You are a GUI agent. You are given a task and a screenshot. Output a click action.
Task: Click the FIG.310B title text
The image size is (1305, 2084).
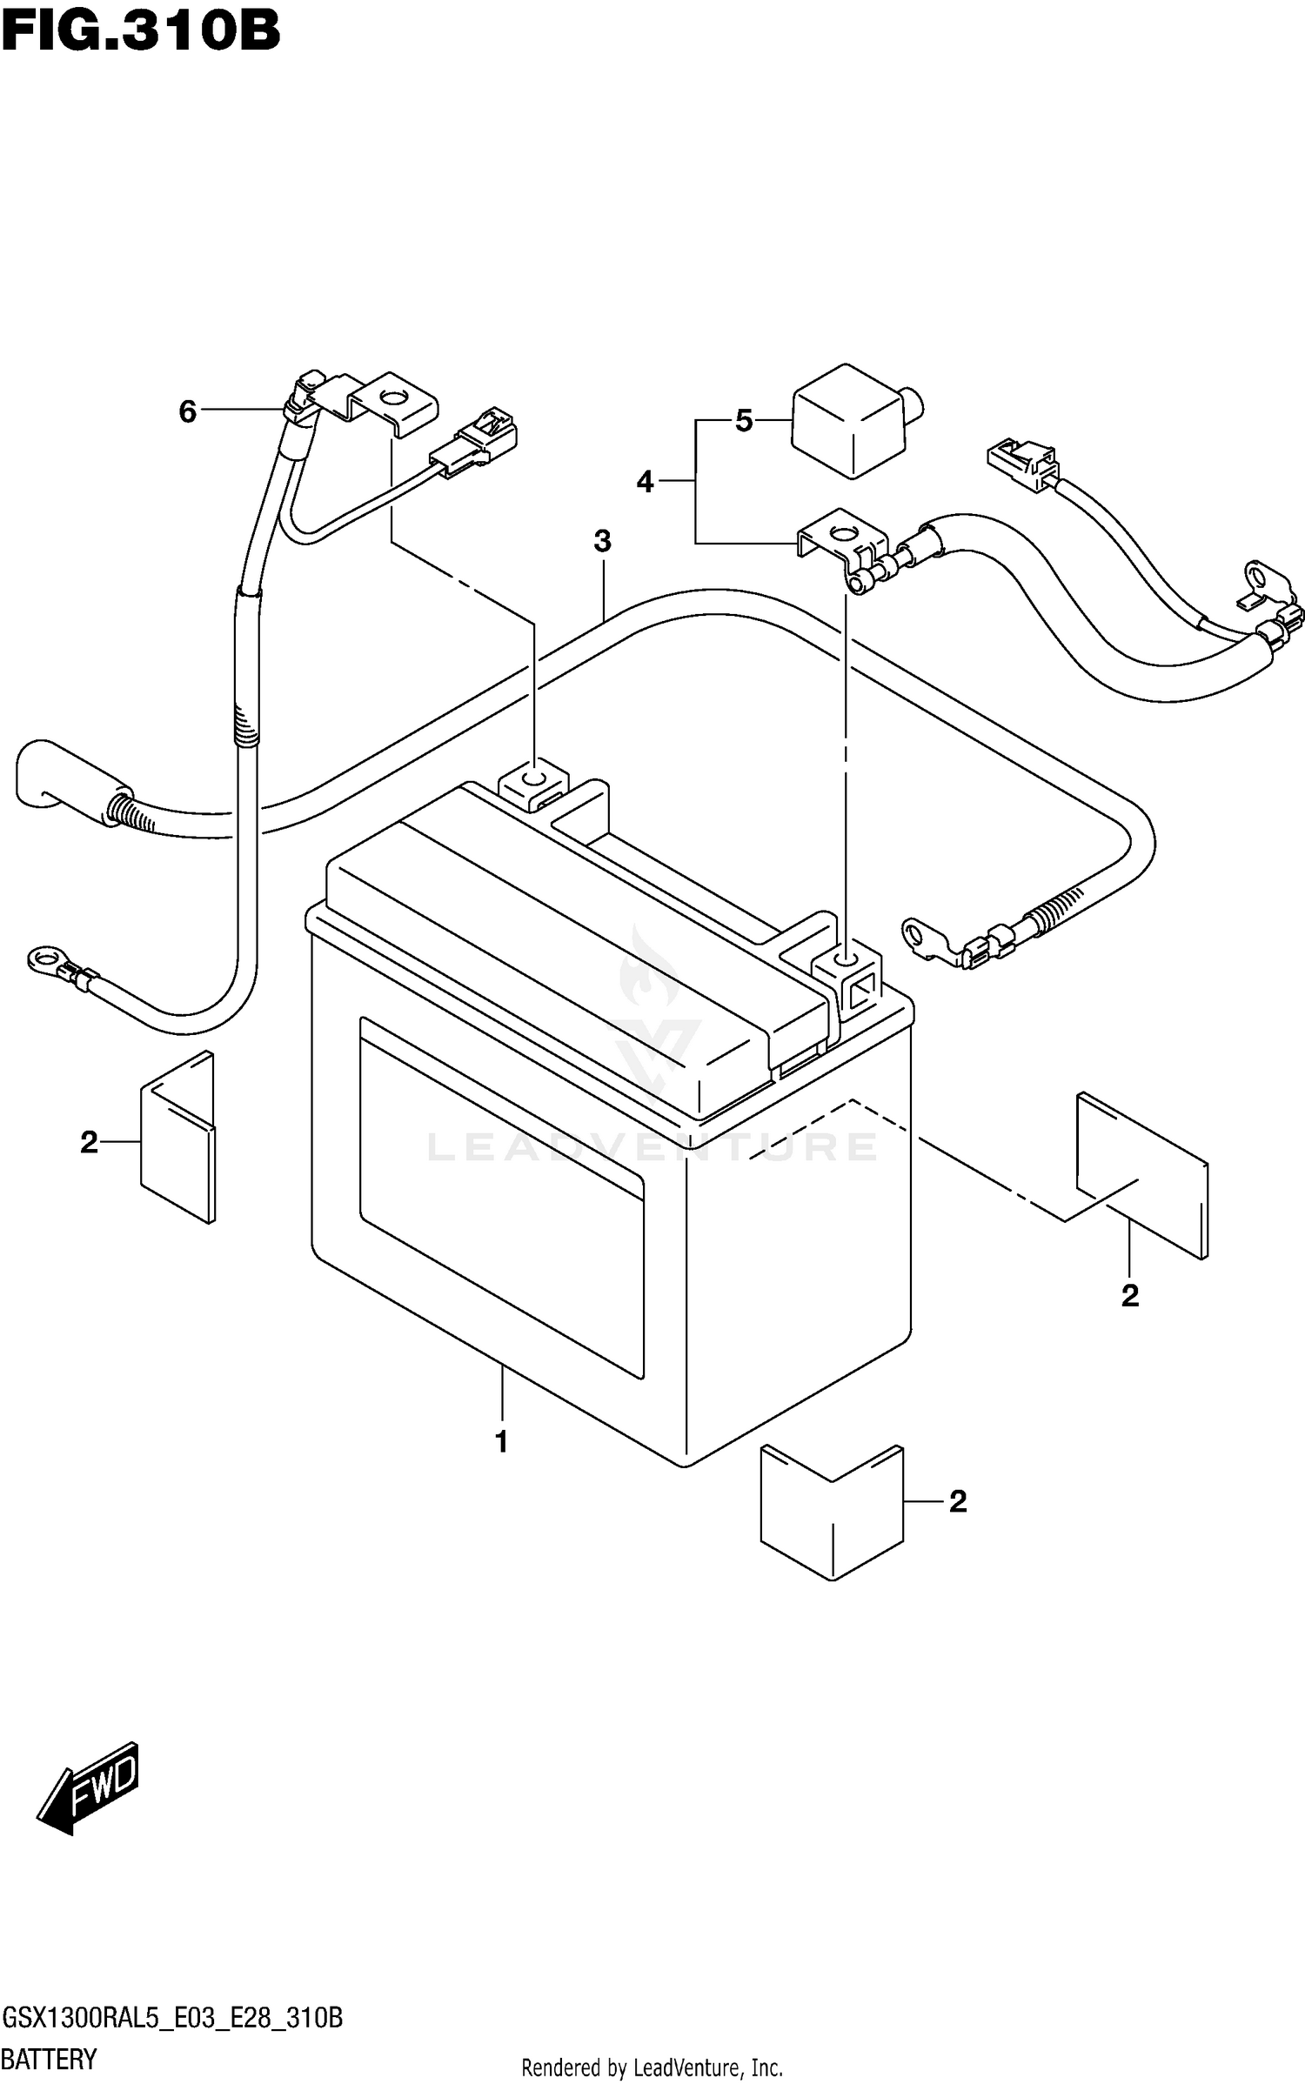[141, 32]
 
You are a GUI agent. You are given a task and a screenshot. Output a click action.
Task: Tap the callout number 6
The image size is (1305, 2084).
[187, 411]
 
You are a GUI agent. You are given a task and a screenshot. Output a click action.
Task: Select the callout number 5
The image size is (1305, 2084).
[744, 422]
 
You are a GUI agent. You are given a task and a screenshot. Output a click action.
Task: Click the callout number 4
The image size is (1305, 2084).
[645, 481]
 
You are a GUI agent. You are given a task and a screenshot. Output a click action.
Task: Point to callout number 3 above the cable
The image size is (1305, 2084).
[602, 541]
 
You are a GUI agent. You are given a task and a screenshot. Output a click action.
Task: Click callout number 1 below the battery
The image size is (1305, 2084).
[501, 1442]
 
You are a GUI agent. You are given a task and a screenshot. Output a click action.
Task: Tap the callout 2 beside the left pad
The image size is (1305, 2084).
[89, 1142]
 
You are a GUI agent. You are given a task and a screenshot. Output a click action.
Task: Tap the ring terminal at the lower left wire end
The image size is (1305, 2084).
[43, 959]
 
